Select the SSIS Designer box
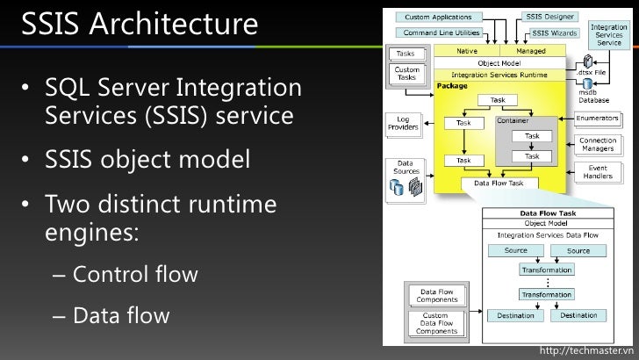click(x=549, y=17)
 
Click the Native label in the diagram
click(x=467, y=52)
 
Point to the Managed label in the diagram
click(x=529, y=52)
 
